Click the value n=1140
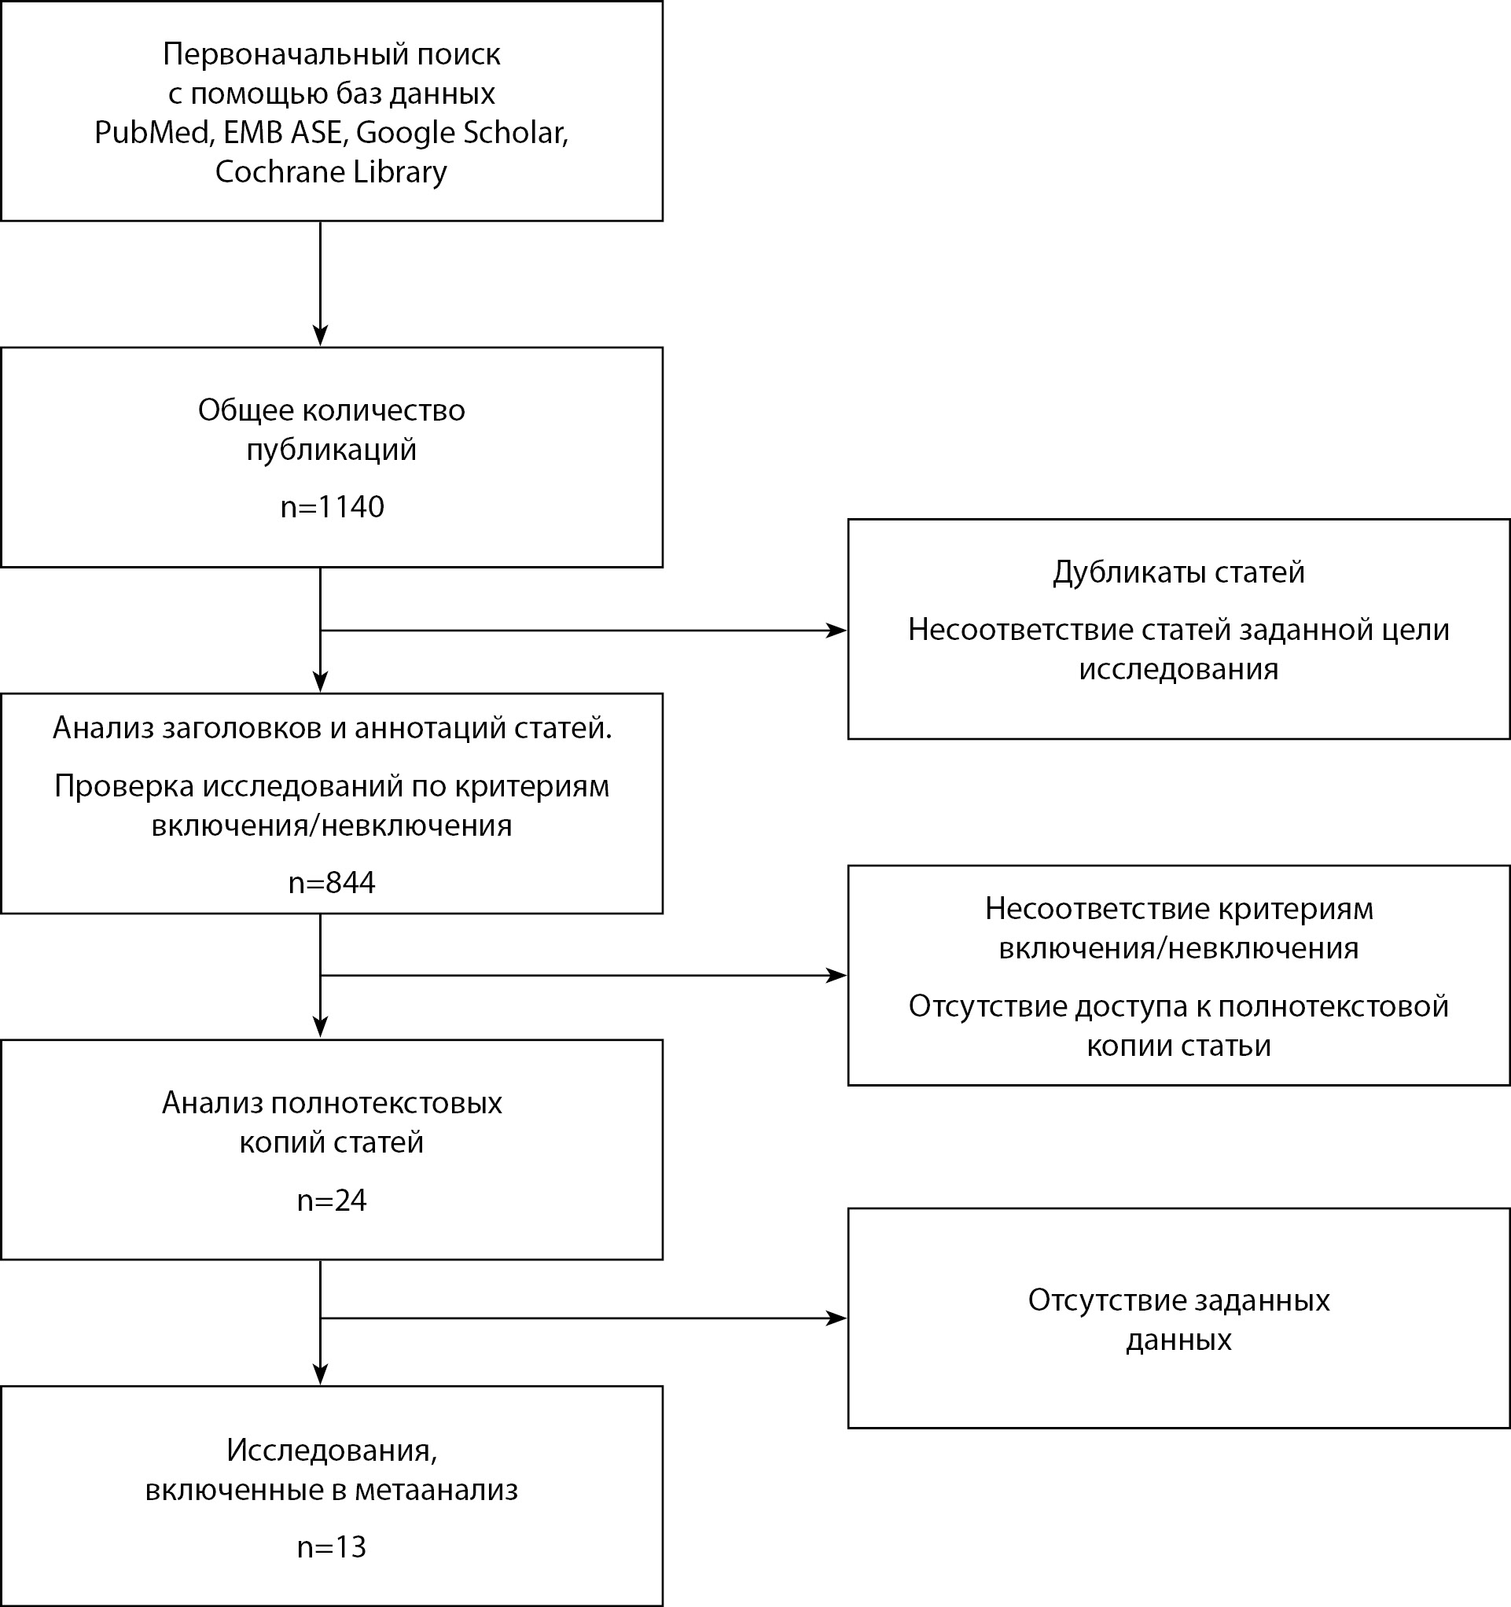click(x=332, y=507)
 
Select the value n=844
click(x=332, y=883)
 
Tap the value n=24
click(x=332, y=1201)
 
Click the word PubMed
click(x=153, y=133)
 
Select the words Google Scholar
click(x=461, y=133)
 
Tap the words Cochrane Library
click(x=331, y=171)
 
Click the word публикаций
click(x=332, y=450)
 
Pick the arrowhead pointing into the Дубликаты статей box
click(x=836, y=631)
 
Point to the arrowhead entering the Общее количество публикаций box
click(x=320, y=336)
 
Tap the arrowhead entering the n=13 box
click(x=320, y=1375)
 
